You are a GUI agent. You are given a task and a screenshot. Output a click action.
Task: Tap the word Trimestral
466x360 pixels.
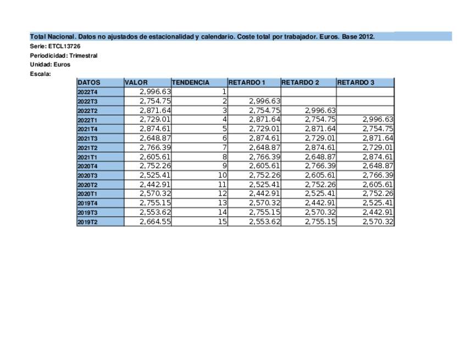click(x=83, y=56)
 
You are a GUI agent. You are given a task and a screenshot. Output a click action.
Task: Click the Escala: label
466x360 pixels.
click(x=40, y=73)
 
